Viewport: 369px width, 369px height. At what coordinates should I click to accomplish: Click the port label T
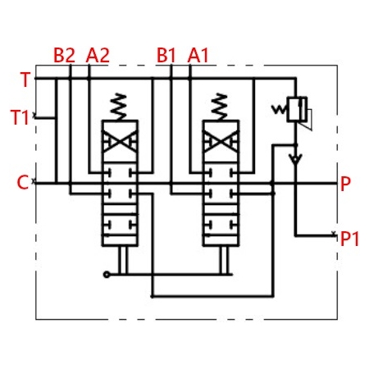coord(25,80)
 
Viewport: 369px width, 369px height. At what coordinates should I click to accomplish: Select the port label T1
coord(20,117)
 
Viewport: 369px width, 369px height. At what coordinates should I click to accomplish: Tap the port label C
coord(23,182)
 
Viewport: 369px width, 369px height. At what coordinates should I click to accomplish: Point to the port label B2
coord(64,55)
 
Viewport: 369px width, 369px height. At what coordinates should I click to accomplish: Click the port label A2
coord(98,55)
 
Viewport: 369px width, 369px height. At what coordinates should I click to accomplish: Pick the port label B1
coord(166,55)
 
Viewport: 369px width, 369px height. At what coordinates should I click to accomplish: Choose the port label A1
coord(198,55)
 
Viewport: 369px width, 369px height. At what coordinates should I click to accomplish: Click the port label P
coord(345,184)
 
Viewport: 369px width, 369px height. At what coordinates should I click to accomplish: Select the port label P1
coord(349,239)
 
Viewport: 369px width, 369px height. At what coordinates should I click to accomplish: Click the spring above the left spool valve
coord(118,107)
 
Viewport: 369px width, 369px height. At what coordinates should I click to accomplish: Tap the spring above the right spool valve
coord(219,107)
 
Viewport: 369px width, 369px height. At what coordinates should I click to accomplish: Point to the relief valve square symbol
coord(297,109)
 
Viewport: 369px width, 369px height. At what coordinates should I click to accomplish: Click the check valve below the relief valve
coord(295,158)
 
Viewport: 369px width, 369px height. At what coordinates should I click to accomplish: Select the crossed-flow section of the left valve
coord(120,141)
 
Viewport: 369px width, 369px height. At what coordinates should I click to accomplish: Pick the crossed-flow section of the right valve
coord(221,141)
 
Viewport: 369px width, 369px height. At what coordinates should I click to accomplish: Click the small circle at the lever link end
coord(107,275)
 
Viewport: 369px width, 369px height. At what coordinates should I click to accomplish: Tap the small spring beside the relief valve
coord(279,110)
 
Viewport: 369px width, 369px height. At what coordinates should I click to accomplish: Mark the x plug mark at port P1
coord(334,233)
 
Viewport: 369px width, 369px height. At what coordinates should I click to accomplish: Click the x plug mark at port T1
coord(34,116)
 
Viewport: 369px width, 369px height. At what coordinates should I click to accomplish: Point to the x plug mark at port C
coord(34,181)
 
